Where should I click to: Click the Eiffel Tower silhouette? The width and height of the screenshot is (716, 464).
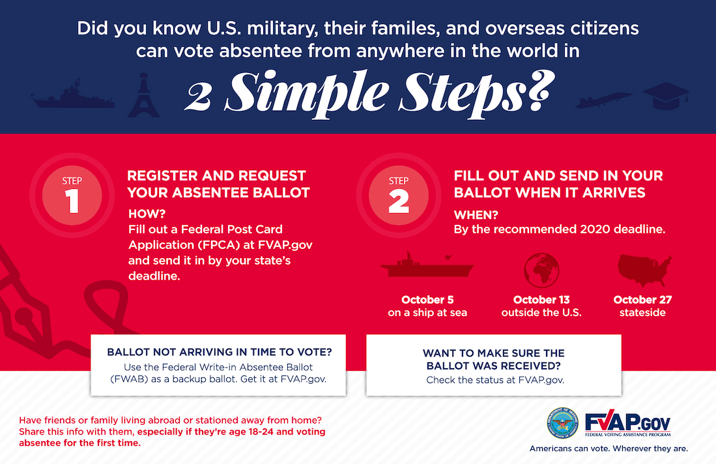(x=144, y=95)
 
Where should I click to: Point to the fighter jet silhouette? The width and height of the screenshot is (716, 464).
(x=604, y=100)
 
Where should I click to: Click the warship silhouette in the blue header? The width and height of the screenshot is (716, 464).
(x=72, y=95)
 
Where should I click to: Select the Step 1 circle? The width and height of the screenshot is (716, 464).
(x=72, y=196)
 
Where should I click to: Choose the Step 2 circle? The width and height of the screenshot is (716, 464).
(x=399, y=196)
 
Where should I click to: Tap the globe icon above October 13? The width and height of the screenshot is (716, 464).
(x=541, y=270)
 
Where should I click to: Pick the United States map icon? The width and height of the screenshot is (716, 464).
(x=645, y=270)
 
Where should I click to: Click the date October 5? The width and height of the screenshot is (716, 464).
(x=427, y=300)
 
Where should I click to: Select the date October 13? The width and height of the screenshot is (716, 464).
(x=541, y=300)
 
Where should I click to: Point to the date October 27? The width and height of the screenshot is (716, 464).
(x=642, y=300)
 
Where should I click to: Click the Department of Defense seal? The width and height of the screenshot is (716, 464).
(x=563, y=424)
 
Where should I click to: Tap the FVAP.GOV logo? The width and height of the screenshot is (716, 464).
(x=628, y=423)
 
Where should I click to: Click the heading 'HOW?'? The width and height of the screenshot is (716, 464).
(x=147, y=214)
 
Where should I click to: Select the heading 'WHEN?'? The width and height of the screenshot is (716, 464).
(x=476, y=214)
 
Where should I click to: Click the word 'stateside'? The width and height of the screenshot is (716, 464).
(x=642, y=313)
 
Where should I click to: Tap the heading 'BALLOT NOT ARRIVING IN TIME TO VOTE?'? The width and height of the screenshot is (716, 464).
(x=219, y=352)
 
